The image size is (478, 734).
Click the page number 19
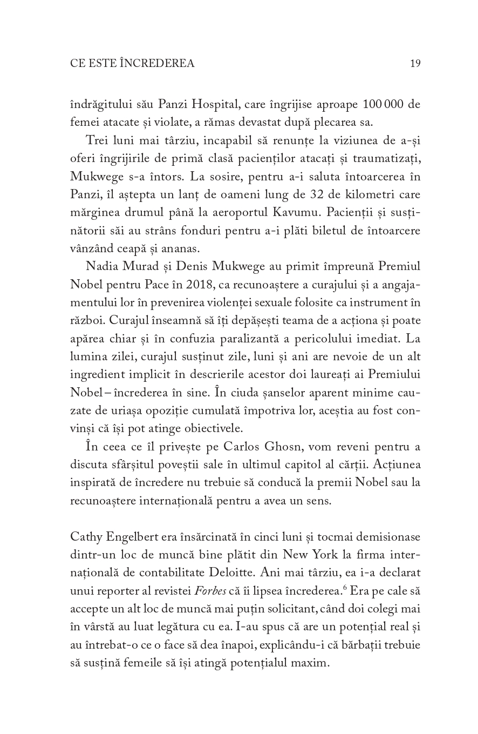pyautogui.click(x=415, y=64)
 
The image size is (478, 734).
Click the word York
pyautogui.click(x=313, y=555)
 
